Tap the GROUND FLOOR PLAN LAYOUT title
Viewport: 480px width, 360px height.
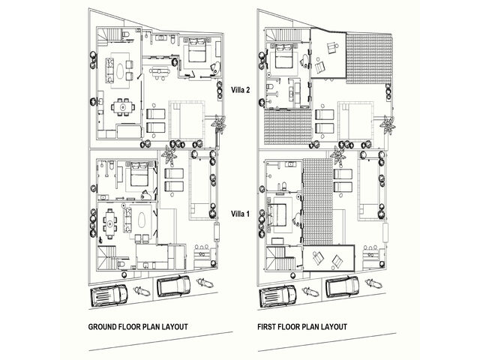[x=138, y=327]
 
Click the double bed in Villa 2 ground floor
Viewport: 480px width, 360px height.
[x=196, y=53]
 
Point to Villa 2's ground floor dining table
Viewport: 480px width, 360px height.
[x=121, y=107]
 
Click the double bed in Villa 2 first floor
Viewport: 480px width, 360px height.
[x=283, y=55]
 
